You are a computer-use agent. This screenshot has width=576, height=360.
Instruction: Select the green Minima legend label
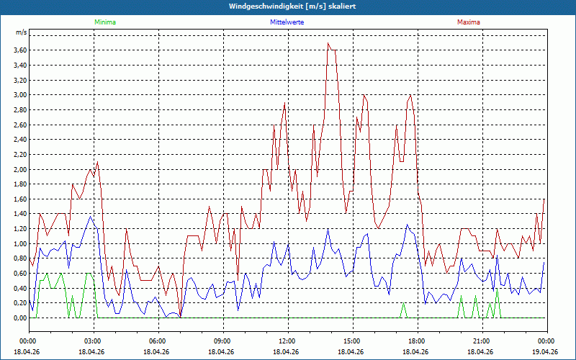104,22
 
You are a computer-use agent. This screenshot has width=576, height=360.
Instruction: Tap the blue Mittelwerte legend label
287,22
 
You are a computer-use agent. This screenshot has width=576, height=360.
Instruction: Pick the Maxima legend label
469,22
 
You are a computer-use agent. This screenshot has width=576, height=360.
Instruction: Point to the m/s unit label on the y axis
21,33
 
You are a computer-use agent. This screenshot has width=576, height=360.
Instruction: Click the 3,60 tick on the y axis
19,50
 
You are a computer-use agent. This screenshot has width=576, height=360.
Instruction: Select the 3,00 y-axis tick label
19,94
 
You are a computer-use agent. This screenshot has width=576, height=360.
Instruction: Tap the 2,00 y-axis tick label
19,169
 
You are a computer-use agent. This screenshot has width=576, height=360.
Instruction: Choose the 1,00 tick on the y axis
19,243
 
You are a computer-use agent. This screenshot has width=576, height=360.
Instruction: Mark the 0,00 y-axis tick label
19,318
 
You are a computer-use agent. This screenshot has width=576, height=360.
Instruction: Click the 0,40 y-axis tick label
19,288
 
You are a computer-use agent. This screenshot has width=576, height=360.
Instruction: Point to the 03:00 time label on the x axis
93,341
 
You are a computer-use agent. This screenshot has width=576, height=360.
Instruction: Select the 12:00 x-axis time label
287,341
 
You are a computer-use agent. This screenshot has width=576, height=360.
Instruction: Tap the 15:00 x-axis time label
351,341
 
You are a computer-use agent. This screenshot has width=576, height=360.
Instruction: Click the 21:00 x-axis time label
481,341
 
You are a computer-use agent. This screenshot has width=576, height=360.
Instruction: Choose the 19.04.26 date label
546,351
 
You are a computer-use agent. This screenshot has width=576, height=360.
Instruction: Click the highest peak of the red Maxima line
328,43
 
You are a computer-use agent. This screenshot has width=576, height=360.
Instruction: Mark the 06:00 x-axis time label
158,341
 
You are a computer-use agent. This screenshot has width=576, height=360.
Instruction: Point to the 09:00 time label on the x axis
222,341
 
